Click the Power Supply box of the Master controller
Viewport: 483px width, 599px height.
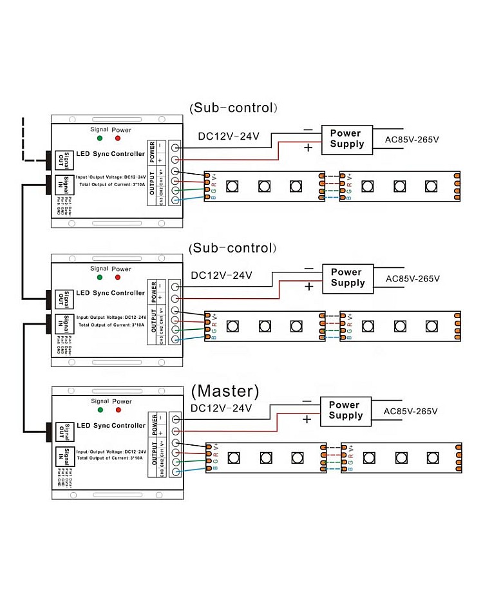(346, 410)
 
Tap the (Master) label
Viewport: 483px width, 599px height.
(225, 391)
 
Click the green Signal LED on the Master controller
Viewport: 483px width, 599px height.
(100, 409)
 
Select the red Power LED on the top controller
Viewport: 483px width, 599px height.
(117, 138)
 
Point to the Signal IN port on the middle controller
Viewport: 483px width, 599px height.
(62, 322)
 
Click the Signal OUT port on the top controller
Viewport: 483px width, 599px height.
(62, 159)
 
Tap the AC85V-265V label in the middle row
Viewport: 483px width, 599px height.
(412, 278)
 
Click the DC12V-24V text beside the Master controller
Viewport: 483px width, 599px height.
(222, 408)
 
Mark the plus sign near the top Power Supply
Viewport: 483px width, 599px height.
(308, 148)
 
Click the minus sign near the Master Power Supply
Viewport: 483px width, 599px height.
(307, 401)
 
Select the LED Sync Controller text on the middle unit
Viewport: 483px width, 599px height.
(111, 293)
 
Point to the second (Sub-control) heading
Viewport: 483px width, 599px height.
(231, 248)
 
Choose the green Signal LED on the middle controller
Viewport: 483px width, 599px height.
(100, 277)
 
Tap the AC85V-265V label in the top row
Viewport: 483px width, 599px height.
(412, 139)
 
